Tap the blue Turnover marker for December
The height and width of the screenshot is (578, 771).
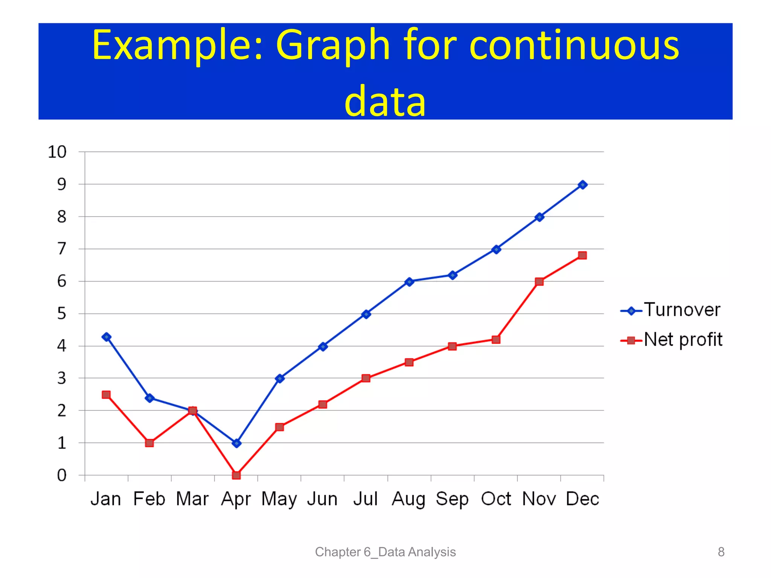click(582, 185)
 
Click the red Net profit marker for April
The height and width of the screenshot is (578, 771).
click(236, 475)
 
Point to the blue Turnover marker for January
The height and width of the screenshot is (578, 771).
click(107, 337)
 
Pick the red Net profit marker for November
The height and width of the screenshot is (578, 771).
click(539, 281)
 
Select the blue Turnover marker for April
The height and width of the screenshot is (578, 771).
click(236, 443)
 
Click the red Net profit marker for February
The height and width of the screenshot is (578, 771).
click(149, 443)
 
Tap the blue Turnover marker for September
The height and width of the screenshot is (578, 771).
click(453, 275)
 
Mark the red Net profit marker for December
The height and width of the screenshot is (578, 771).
click(582, 256)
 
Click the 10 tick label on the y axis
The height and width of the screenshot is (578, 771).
click(57, 152)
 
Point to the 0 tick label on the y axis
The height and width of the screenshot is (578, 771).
click(61, 475)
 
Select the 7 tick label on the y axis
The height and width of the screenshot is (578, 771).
click(61, 249)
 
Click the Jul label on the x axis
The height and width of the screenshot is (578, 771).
click(365, 499)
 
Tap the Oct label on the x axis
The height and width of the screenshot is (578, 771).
click(496, 499)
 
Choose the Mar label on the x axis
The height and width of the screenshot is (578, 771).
click(192, 499)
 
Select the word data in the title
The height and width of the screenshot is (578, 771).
click(385, 101)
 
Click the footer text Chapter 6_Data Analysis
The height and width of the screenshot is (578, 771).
click(385, 552)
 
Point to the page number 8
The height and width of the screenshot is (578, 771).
click(721, 552)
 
